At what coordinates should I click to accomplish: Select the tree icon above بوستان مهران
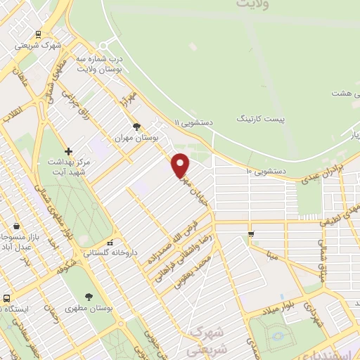pos(136,127)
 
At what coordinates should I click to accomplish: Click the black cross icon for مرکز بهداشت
pos(68,151)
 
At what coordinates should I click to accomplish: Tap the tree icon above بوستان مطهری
pos(88,297)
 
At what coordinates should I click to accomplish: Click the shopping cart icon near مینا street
pos(251,233)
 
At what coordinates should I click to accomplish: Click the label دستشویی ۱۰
pos(264,171)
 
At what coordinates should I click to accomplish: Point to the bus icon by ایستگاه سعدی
pos(6,298)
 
